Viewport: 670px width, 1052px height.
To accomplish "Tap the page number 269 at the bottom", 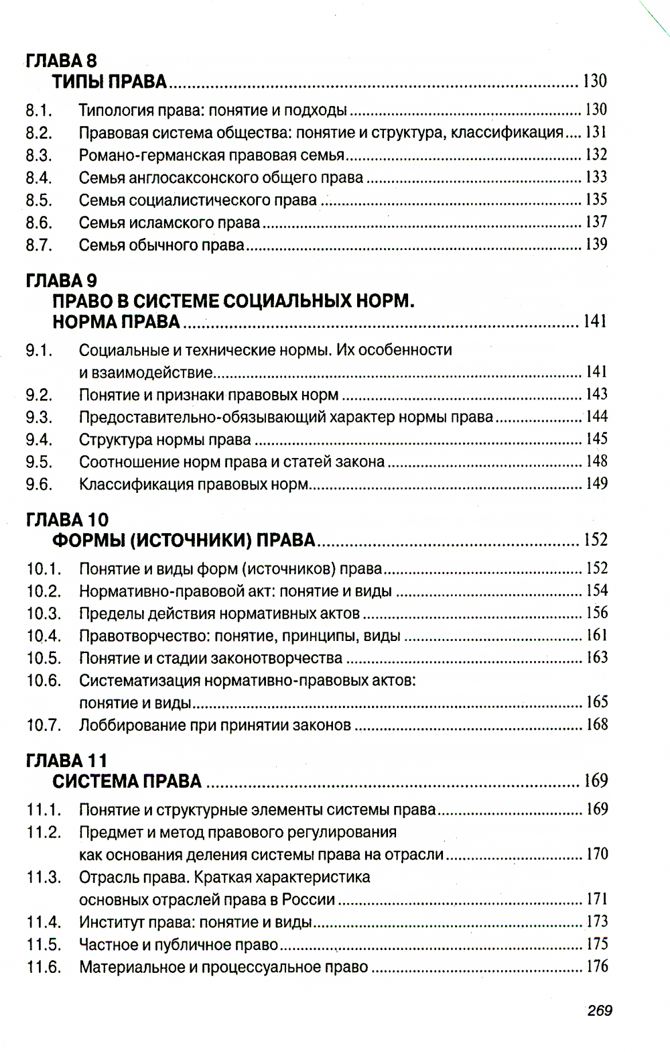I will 599,1010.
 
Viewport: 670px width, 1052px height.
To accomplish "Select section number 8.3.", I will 39,156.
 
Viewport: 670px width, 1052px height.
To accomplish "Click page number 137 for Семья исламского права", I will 596,222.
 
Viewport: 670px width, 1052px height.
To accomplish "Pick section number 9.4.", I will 39,440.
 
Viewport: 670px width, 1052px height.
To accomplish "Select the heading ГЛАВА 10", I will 67,520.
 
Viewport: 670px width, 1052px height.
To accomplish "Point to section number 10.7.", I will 44,725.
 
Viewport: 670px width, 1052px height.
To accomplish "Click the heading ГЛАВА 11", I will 66,761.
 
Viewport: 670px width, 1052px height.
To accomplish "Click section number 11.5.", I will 44,945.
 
